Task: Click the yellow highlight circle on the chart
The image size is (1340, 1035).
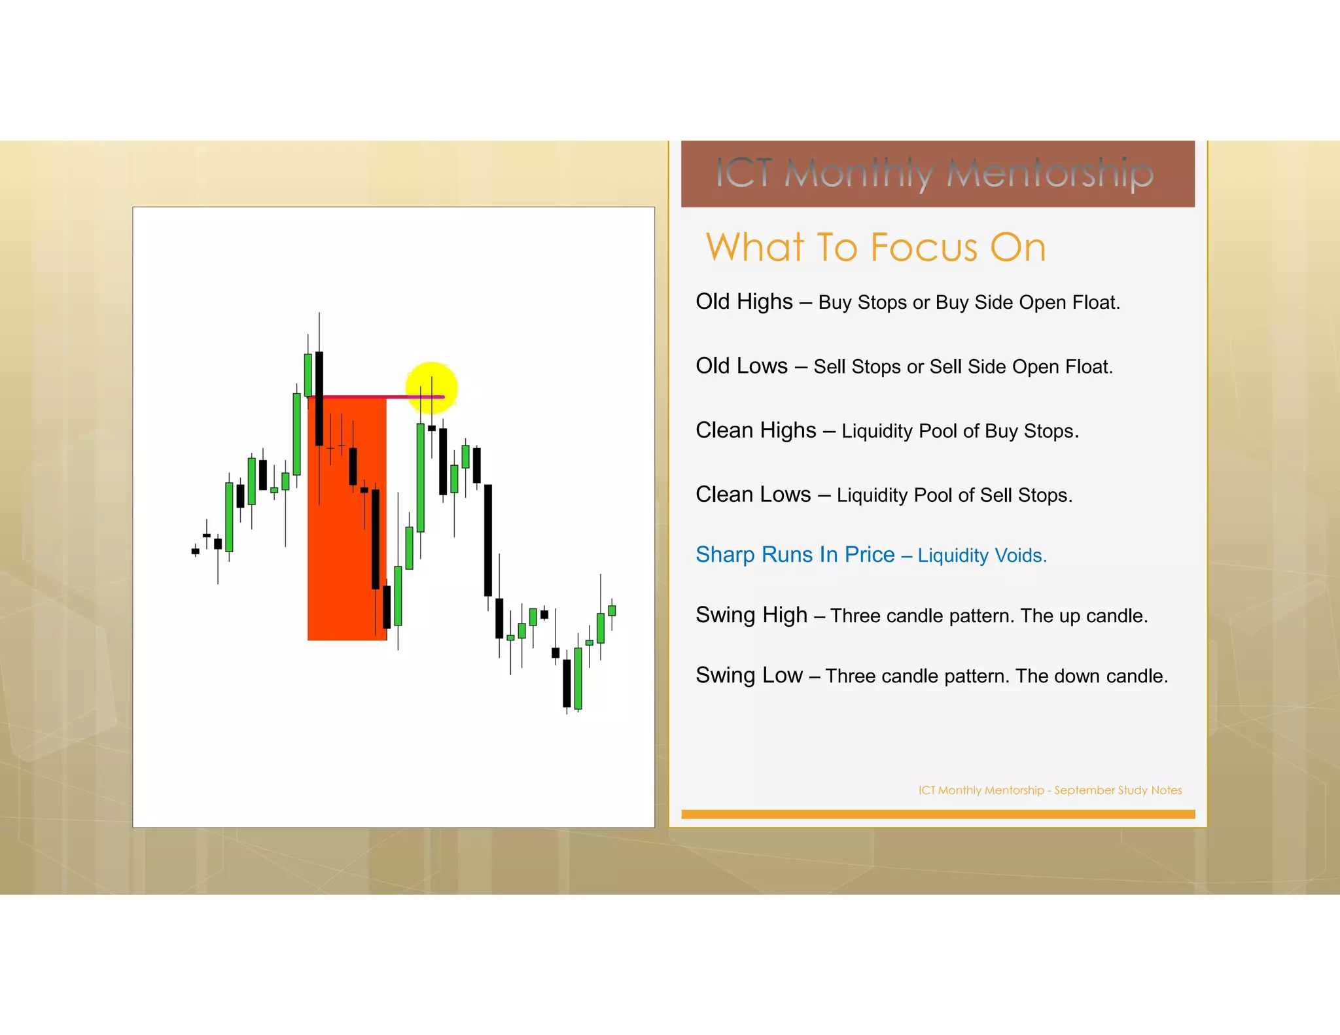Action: (431, 387)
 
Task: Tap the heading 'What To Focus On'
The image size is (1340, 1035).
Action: (875, 247)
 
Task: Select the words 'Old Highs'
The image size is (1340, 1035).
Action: (744, 302)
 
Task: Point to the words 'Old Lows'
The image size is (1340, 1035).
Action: (741, 366)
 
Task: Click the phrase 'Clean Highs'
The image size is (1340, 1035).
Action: (756, 430)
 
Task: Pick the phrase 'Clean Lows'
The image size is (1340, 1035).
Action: (753, 494)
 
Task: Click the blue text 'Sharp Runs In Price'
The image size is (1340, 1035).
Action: (795, 554)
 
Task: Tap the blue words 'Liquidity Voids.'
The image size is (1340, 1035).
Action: (982, 555)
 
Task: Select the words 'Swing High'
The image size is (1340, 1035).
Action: (751, 614)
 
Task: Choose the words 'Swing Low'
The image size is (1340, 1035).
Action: (749, 675)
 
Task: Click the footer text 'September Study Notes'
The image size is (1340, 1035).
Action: (1118, 790)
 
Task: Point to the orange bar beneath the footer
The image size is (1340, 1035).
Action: (938, 814)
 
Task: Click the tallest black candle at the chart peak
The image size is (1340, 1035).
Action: (319, 399)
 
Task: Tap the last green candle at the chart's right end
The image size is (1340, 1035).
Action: (612, 610)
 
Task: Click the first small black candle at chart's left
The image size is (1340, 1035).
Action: (195, 552)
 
